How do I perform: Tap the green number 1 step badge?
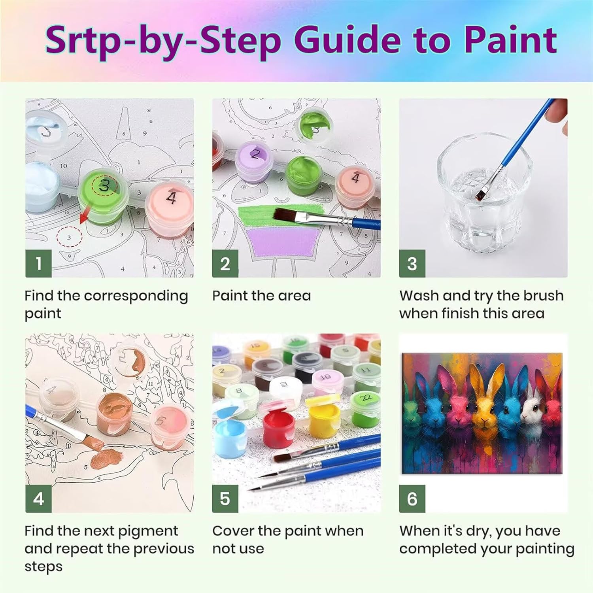(x=38, y=263)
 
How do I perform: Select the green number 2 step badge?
(x=225, y=263)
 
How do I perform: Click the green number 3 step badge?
(x=412, y=263)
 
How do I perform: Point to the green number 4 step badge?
(x=38, y=499)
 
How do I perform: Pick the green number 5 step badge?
(x=225, y=499)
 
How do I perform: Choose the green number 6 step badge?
(x=412, y=499)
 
